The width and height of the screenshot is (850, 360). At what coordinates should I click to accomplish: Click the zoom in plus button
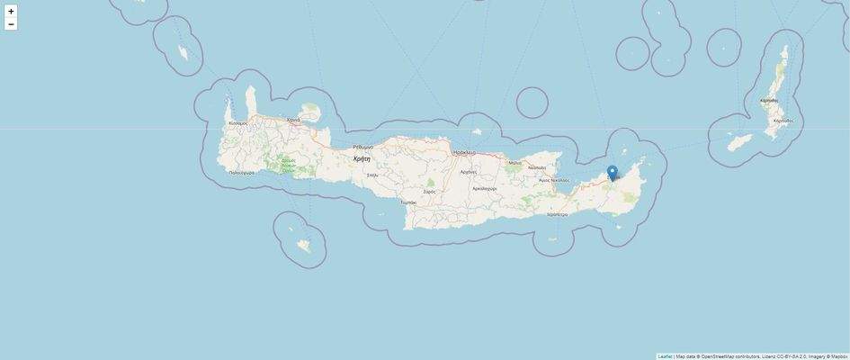coord(11,12)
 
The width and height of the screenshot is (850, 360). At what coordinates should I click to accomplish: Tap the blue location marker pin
coord(612,172)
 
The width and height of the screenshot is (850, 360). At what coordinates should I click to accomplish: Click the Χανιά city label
coord(293,120)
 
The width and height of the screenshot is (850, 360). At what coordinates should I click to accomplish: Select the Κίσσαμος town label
coord(237,122)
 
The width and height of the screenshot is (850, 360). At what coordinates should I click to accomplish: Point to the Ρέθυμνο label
coord(362,147)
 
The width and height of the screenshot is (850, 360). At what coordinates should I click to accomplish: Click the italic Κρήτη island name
coord(362,158)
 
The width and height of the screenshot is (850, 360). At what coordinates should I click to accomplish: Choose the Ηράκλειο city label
coord(464,153)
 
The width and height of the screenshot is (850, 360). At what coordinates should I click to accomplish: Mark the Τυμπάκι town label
coord(408,202)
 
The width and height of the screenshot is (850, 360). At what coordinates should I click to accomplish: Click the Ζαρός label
coord(429,191)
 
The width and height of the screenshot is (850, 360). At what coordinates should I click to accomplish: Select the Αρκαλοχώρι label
coord(484,189)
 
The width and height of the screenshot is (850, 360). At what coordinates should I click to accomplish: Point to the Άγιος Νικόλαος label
coord(553,180)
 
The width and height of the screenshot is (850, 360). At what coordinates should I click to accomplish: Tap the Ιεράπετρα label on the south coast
coord(558,214)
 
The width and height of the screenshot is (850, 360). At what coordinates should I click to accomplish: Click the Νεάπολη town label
coord(537,167)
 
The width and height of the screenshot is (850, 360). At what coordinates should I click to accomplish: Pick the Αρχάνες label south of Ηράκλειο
coord(468,171)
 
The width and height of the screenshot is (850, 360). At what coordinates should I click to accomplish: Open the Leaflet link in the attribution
coord(665,356)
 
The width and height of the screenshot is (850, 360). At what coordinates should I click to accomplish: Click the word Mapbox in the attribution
coord(839,356)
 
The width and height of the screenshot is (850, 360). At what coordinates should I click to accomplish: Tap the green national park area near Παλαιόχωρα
coord(288,166)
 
